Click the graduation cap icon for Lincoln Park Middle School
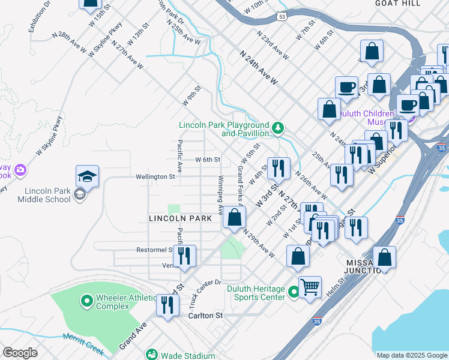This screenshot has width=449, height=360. [87, 176]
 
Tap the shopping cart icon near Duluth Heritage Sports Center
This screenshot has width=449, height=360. [310, 287]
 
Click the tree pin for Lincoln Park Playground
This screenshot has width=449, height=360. [277, 127]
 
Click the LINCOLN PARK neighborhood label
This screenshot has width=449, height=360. [180, 219]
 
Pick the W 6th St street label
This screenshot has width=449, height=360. [208, 160]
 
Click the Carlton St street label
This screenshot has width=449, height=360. [205, 315]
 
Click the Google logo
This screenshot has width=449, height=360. [20, 352]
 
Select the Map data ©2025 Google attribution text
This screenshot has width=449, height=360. [411, 355]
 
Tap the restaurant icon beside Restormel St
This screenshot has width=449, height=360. [184, 256]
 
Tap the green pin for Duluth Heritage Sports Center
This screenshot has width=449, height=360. [294, 292]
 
